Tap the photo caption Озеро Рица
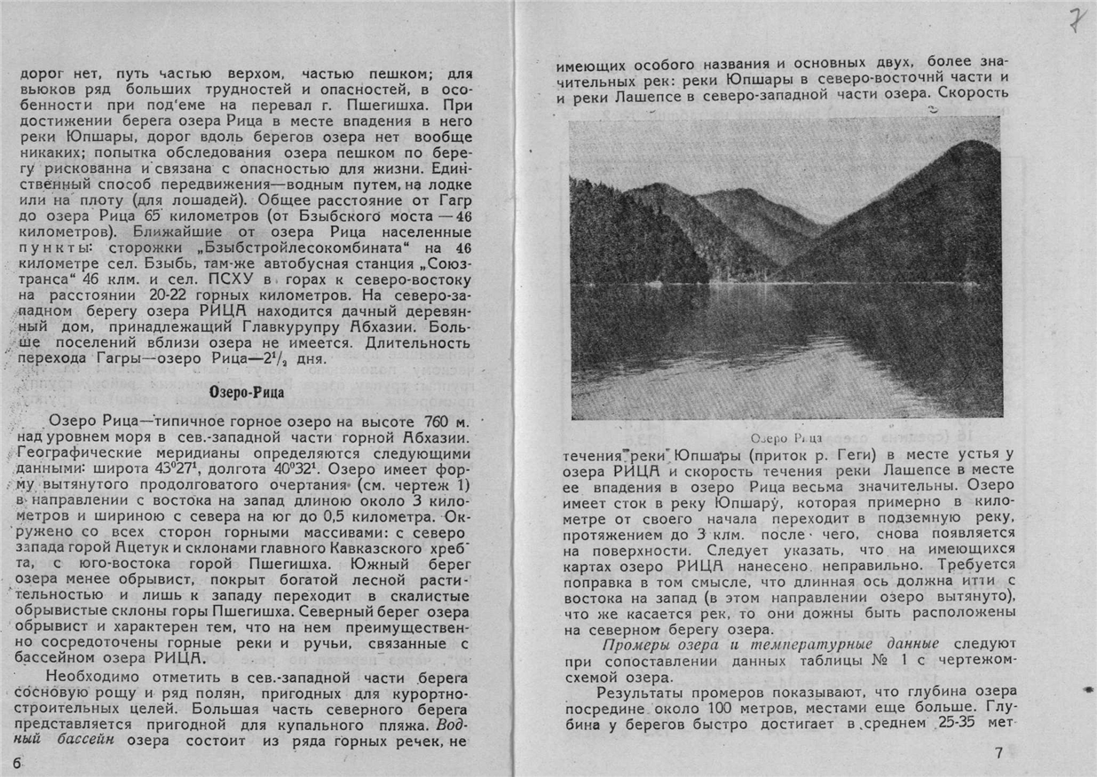(x=785, y=438)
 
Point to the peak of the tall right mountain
(x=970, y=143)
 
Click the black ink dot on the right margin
(x=1088, y=689)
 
